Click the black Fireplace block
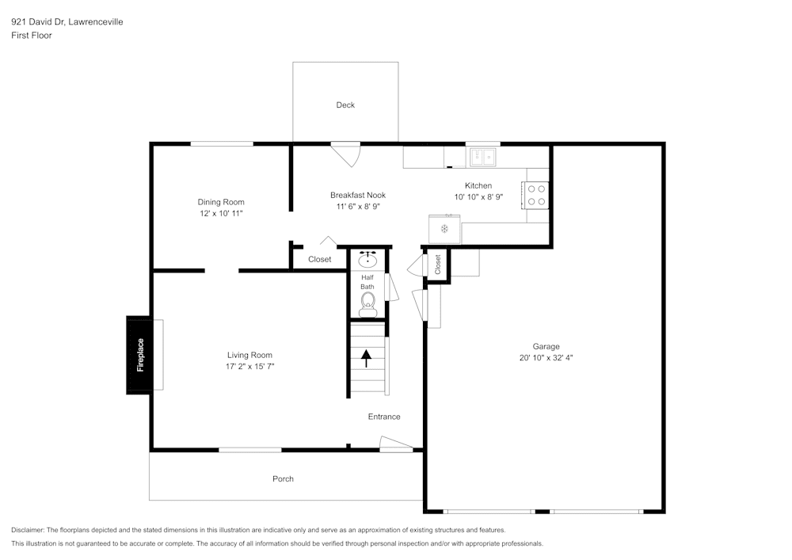139,355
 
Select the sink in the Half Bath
368,259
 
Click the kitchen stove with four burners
536,195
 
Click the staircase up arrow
366,359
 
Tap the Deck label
345,105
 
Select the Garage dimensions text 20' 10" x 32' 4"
546,357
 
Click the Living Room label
249,355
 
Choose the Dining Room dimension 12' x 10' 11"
221,214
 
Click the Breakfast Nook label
358,195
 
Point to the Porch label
283,478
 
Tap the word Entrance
384,417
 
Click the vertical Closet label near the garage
438,265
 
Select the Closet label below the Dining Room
320,259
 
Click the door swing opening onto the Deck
346,154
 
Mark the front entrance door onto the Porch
396,445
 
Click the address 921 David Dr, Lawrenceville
67,22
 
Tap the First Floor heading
32,36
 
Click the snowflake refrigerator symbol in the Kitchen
444,229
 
